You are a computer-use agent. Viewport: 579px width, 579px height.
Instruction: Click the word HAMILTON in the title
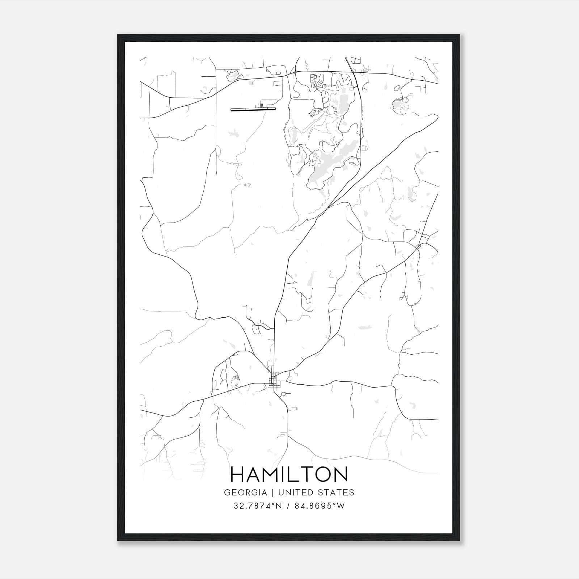(x=289, y=474)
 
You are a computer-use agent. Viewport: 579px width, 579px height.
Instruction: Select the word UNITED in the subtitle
(x=291, y=493)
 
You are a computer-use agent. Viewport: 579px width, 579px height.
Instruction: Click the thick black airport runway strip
(x=253, y=109)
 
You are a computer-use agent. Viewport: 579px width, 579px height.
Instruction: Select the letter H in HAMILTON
(x=238, y=474)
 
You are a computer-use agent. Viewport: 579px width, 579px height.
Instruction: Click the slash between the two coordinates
(x=288, y=506)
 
